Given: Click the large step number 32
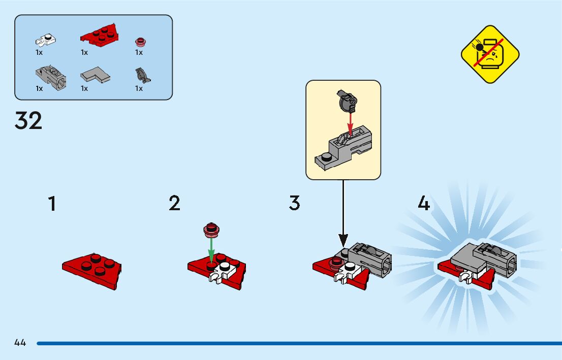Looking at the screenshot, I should pyautogui.click(x=28, y=121).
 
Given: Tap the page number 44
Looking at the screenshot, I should pyautogui.click(x=20, y=343).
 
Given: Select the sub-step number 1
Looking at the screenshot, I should pyautogui.click(x=52, y=204).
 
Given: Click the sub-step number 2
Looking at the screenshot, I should pyautogui.click(x=174, y=204).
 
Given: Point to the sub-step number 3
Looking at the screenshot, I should pyautogui.click(x=295, y=204).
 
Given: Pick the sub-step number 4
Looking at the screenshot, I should pyautogui.click(x=423, y=204).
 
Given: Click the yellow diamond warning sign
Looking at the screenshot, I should pyautogui.click(x=490, y=54).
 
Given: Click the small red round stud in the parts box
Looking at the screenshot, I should pyautogui.click(x=139, y=42).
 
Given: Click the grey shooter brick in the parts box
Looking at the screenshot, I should pyautogui.click(x=50, y=76).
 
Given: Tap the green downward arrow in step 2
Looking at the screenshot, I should pyautogui.click(x=212, y=248).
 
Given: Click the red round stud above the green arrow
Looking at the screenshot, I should pyautogui.click(x=211, y=230).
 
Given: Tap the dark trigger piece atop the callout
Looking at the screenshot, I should pyautogui.click(x=347, y=102).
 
